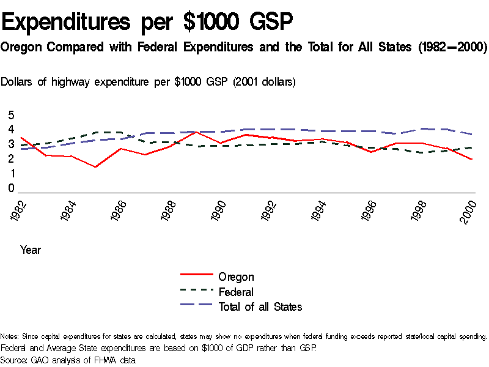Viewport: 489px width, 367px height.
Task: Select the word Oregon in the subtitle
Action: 22,47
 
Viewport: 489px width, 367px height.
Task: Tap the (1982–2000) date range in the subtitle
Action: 448,47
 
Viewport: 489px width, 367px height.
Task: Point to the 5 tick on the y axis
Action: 10,115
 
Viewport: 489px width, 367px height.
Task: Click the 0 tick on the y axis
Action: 10,189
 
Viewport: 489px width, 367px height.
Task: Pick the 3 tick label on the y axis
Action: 10,144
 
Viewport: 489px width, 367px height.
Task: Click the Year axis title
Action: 31,250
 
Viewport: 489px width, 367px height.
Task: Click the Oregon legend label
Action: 236,277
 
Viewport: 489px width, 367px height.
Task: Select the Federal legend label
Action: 236,292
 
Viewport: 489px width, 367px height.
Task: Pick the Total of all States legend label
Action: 260,306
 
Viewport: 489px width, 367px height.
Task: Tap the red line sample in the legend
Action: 196,277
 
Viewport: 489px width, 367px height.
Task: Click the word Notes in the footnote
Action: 9,336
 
